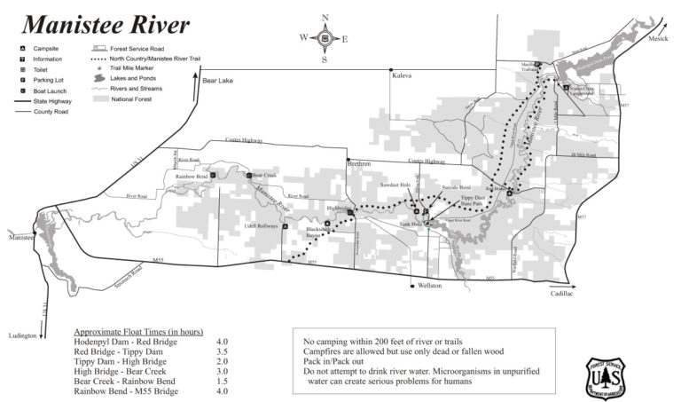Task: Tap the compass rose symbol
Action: [x=325, y=38]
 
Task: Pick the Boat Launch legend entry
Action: [x=50, y=90]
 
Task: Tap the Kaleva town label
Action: [x=402, y=77]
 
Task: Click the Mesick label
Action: [x=658, y=39]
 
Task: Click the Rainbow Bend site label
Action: [x=192, y=176]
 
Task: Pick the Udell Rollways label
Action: [x=262, y=225]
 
